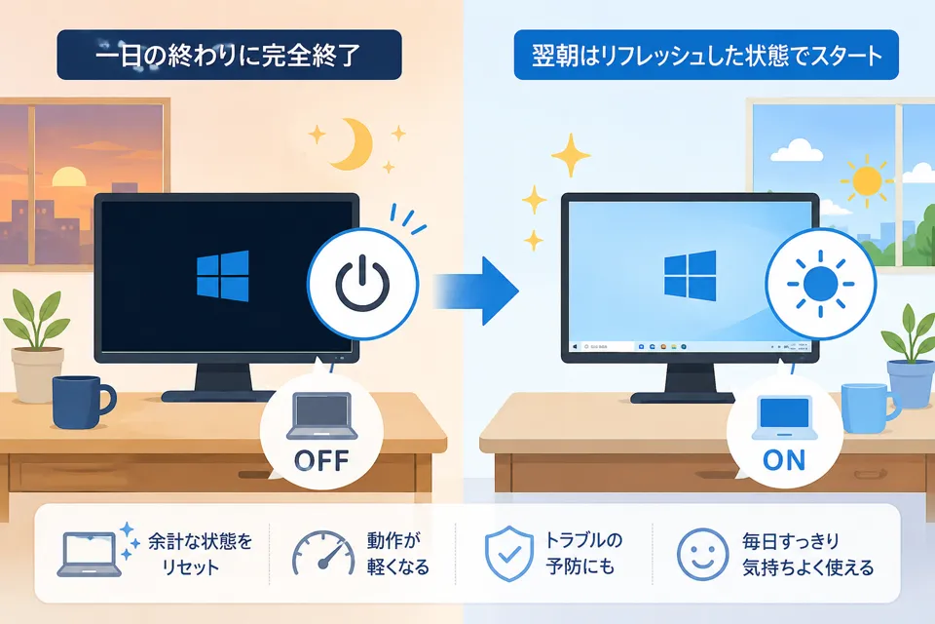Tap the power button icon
pos(362,283)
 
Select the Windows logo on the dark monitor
pos(222,276)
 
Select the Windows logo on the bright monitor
pos(690,275)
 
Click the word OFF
pos(321,460)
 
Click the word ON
pos(783,460)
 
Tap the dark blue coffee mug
pos(82,402)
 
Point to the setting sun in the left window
pos(69,177)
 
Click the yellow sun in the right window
pos(867,179)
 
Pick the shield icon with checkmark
pos(508,554)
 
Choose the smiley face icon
pos(702,554)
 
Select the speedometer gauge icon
pos(323,554)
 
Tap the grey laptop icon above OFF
pos(322,416)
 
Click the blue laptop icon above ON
pos(783,417)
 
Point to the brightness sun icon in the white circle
pos(820,284)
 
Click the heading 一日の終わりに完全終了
pos(228,55)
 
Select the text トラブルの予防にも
pos(583,554)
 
